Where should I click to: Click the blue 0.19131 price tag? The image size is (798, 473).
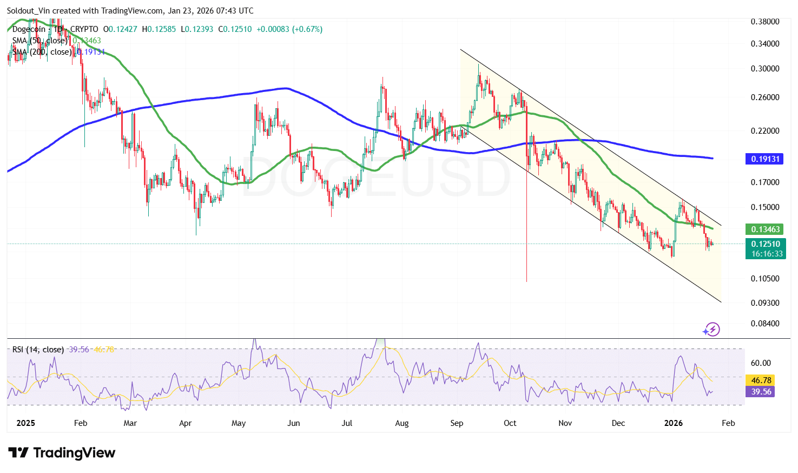tap(765, 159)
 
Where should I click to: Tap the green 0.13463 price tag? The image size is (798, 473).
tap(765, 229)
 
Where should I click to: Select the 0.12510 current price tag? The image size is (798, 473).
tap(765, 244)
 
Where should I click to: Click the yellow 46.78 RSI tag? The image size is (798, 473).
tap(761, 380)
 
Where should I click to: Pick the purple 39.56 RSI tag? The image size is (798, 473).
tap(761, 392)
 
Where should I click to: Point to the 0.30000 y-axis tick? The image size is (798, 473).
tap(765, 69)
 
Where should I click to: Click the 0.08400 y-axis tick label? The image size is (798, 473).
tap(765, 324)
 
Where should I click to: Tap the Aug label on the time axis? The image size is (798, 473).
tap(402, 423)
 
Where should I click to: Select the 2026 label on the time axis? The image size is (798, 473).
tap(673, 423)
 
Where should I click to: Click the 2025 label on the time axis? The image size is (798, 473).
tap(25, 423)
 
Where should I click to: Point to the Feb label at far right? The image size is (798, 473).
tap(728, 423)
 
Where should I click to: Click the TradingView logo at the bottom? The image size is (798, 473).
tap(62, 453)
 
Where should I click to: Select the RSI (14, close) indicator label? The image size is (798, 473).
tap(38, 350)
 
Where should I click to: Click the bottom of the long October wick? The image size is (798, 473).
tap(526, 281)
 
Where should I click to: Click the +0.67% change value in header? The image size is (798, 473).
tap(307, 29)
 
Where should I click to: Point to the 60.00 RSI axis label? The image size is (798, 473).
tap(761, 363)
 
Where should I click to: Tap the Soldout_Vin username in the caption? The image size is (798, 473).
tap(28, 11)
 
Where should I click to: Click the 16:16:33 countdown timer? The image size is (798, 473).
tap(767, 254)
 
